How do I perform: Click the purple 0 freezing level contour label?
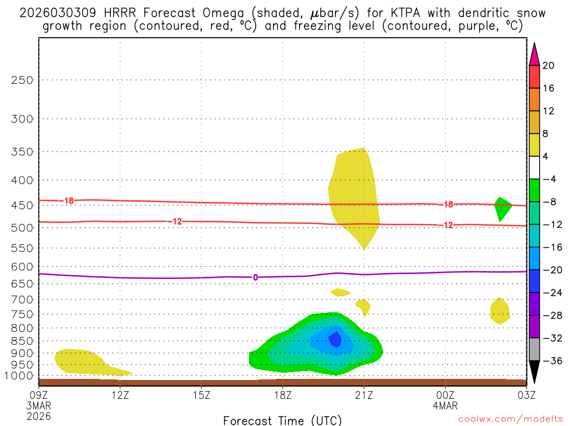pyautogui.click(x=255, y=277)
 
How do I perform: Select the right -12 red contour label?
pyautogui.click(x=447, y=225)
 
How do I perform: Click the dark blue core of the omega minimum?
pyautogui.click(x=335, y=339)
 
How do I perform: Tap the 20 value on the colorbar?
pyautogui.click(x=549, y=65)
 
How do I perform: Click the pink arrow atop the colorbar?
pyautogui.click(x=534, y=54)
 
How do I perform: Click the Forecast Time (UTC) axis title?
pyautogui.click(x=282, y=420)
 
